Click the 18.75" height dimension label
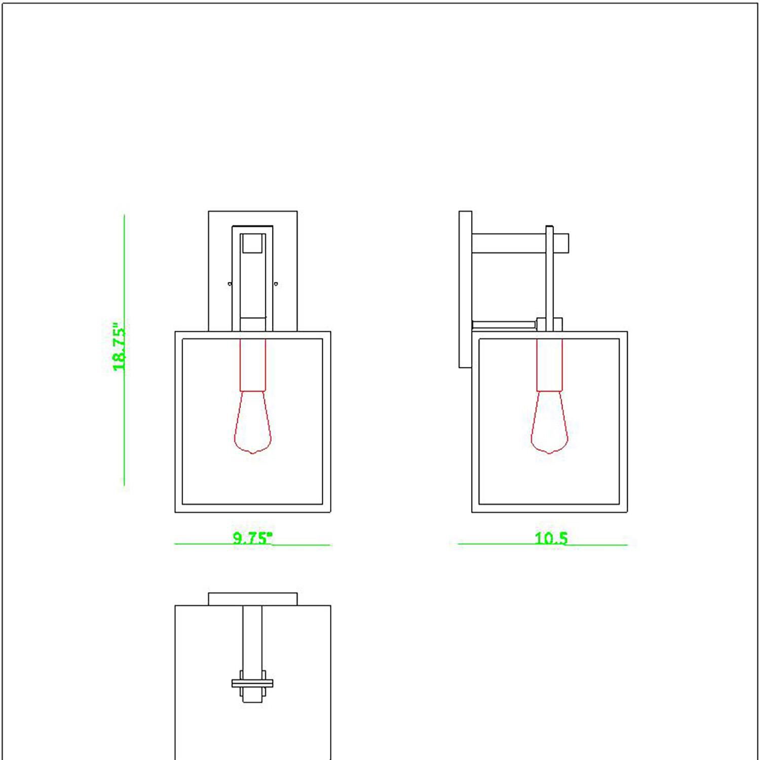pos(119,348)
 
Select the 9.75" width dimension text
pos(252,538)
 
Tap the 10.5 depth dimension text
pos(551,538)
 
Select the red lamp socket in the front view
pos(252,365)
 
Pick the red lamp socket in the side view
pos(549,365)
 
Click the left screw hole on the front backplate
pos(230,284)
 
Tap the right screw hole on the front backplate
pos(276,284)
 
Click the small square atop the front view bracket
pos(252,243)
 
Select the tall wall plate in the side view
pos(465,289)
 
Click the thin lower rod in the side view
pos(504,324)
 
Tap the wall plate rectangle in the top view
pos(252,599)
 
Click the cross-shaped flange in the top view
pos(252,683)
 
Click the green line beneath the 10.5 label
pos(542,545)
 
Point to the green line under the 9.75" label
pos(203,544)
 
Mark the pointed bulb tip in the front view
pos(252,452)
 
